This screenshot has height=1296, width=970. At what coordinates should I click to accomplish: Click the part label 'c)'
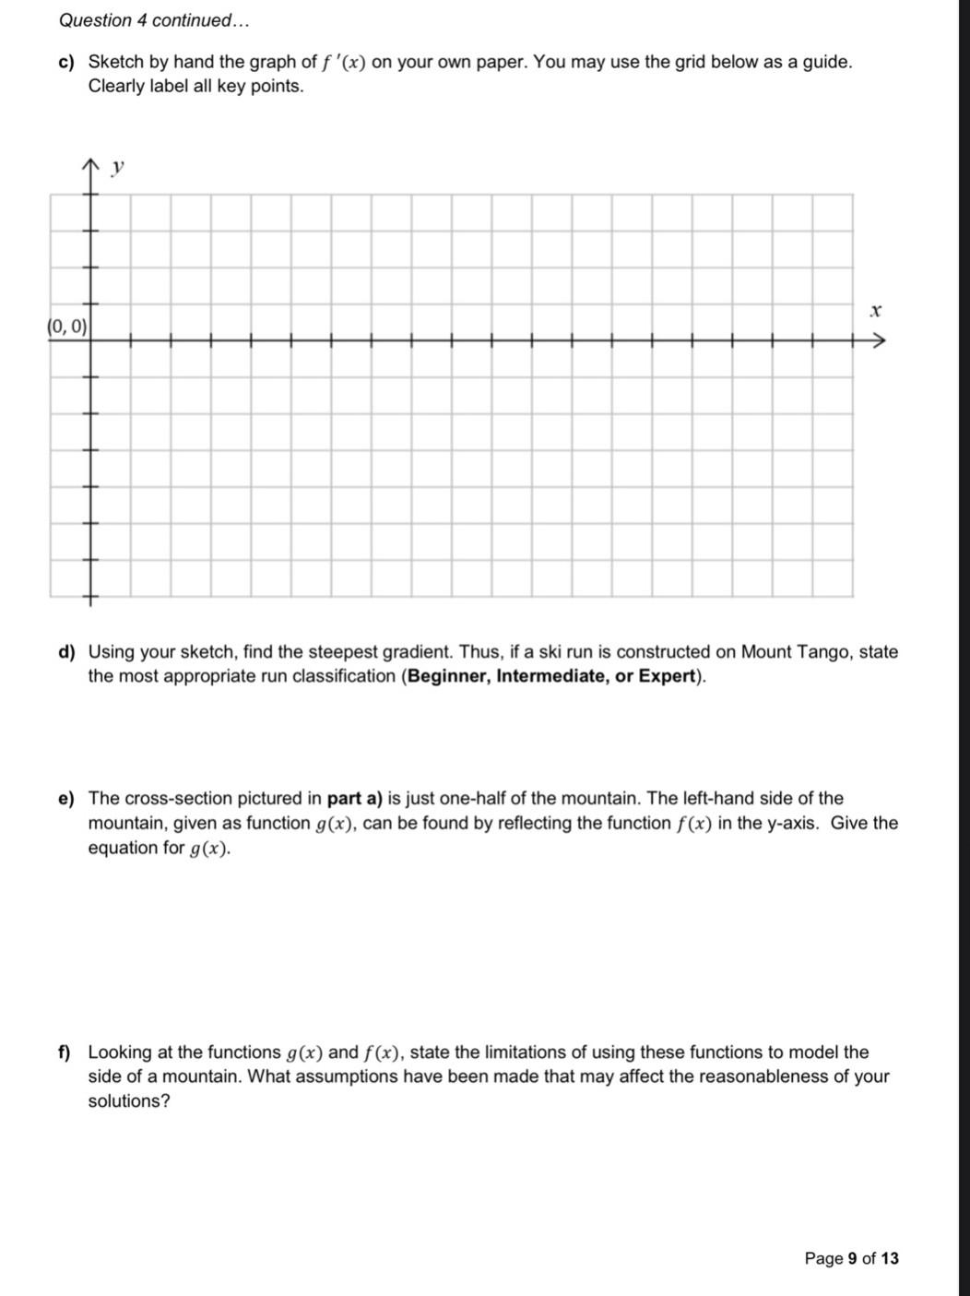tap(65, 63)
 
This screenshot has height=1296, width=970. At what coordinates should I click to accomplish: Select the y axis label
tap(117, 168)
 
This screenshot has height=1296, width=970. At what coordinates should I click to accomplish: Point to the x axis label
tap(876, 311)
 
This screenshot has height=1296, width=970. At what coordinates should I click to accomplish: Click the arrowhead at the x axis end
tap(879, 341)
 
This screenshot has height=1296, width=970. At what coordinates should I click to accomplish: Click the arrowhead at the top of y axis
tap(90, 165)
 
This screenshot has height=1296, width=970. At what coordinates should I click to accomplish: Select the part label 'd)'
tap(65, 653)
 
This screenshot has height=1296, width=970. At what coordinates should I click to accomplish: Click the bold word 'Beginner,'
tap(448, 677)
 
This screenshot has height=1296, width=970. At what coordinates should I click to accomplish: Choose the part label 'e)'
tap(65, 799)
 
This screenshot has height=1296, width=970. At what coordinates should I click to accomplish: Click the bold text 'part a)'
tap(355, 799)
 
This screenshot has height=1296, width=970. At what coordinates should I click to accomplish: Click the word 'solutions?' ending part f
tap(129, 1101)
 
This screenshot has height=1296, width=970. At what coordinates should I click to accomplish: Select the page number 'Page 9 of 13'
tap(851, 1258)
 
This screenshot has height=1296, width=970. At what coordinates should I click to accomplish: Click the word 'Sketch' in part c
tap(116, 63)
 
